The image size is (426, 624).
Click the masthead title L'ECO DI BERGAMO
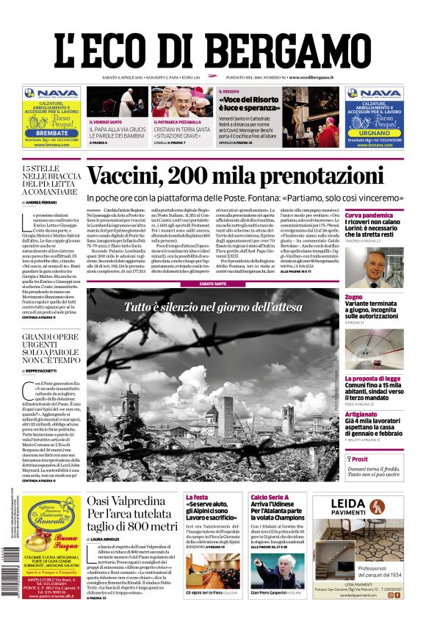(212, 43)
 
